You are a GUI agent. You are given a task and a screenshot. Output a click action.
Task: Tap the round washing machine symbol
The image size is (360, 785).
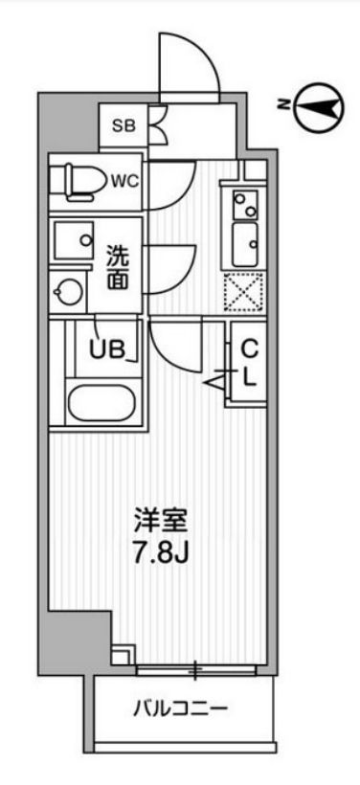click(69, 290)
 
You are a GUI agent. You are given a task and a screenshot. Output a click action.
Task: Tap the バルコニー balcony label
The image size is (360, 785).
click(180, 709)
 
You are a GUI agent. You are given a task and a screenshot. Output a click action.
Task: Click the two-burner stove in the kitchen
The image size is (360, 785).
click(244, 203)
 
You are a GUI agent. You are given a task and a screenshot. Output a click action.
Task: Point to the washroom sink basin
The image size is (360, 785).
click(72, 235)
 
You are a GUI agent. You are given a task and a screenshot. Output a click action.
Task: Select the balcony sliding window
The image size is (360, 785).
click(196, 670)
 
